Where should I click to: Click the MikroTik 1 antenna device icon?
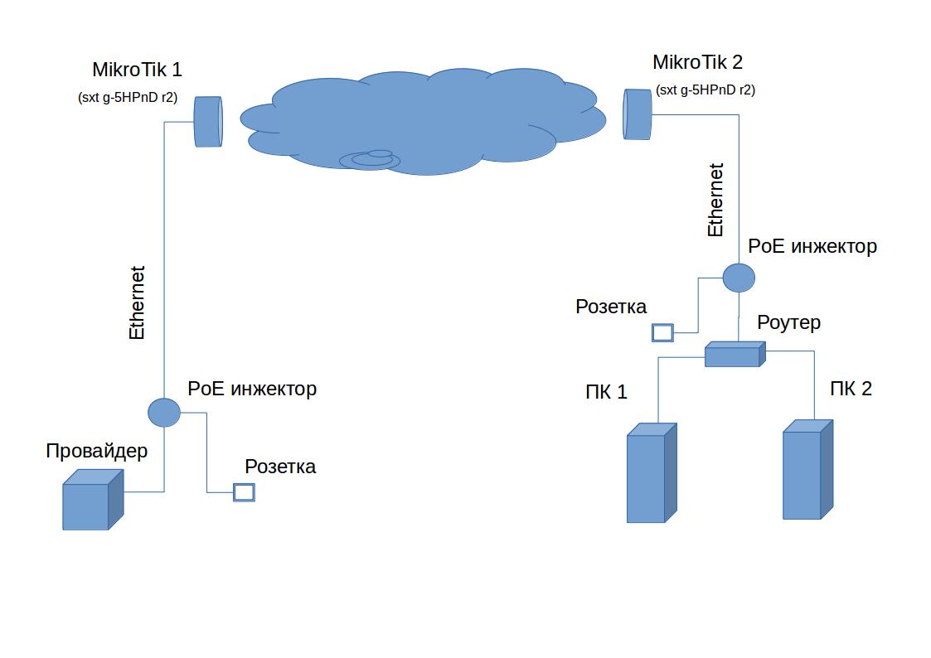[208, 122]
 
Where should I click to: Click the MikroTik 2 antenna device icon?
[638, 114]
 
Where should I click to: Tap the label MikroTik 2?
[697, 62]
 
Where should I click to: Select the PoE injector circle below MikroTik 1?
[164, 411]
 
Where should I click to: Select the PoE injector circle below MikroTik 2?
[739, 277]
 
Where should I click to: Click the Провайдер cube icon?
[92, 500]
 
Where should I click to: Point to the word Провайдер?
[97, 451]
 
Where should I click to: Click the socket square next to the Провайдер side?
[244, 492]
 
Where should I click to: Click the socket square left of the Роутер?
[662, 333]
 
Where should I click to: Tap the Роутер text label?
[788, 322]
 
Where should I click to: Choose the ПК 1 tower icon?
[651, 473]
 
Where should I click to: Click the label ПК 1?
[606, 392]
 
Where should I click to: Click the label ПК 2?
[851, 389]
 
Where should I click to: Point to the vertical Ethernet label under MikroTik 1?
[138, 302]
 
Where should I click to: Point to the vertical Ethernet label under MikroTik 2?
[715, 200]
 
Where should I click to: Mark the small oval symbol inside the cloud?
[371, 159]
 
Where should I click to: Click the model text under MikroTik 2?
[705, 90]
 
